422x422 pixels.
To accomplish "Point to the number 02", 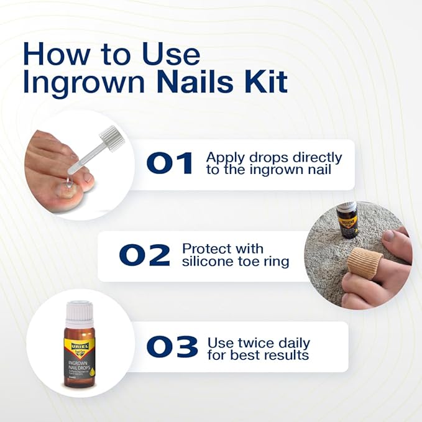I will (145, 255).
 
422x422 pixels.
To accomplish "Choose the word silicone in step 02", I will (207, 262).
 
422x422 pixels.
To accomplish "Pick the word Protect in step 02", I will (205, 248).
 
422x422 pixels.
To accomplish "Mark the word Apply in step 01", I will (222, 157).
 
